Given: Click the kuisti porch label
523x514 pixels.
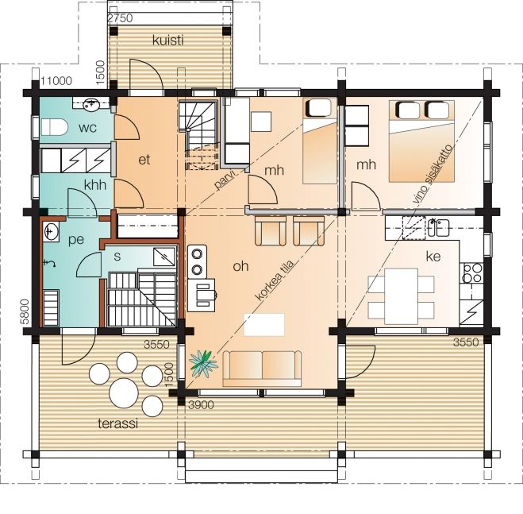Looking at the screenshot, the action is tap(168, 41).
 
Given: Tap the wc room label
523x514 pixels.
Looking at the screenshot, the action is tap(88, 128).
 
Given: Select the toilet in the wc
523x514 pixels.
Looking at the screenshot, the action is tap(54, 127).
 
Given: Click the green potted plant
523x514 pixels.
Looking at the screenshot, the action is tap(203, 363).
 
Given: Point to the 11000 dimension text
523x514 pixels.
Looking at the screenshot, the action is tap(56, 81).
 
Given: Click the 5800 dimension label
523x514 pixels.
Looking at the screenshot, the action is tap(25, 311).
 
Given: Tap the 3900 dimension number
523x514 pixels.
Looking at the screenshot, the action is tap(201, 405).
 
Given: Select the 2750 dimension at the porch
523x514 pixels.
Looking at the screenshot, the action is tap(121, 18).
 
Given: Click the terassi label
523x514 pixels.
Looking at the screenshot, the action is tap(118, 423).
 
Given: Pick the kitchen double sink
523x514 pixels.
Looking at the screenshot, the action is tap(438, 227).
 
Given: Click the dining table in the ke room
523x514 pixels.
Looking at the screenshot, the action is tap(401, 296).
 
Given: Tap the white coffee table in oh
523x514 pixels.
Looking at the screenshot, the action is tap(264, 325).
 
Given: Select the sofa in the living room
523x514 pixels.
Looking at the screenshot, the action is tap(262, 369).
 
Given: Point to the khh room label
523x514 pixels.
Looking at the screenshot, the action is tap(95, 185).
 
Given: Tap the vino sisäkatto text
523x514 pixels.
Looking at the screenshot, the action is tap(433, 174).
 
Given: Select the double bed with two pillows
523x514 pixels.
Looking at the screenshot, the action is tap(421, 141).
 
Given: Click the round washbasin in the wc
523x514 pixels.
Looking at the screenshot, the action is tap(90, 105).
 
